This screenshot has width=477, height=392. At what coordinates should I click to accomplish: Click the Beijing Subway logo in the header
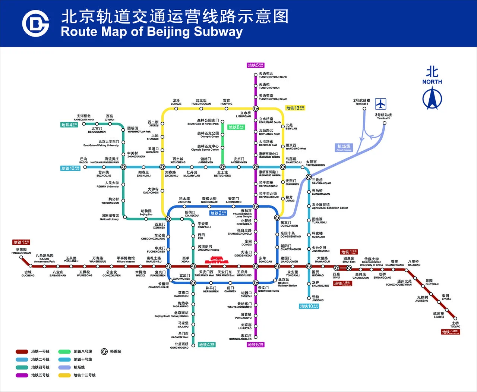[x=35, y=23]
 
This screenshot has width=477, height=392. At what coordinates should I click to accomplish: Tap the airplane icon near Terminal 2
[x=380, y=103]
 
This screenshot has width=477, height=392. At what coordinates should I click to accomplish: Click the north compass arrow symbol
[x=432, y=98]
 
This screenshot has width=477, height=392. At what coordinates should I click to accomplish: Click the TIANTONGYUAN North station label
[x=273, y=75]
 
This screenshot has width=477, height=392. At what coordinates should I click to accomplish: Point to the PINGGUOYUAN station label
[x=21, y=251]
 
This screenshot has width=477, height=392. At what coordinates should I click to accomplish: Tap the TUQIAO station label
[x=455, y=324]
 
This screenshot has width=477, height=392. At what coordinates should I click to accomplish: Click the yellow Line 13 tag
[x=295, y=108]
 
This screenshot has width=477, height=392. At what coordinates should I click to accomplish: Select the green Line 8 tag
[x=236, y=127]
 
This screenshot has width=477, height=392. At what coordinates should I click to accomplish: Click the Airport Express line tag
[x=344, y=147]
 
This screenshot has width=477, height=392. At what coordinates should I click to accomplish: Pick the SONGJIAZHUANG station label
[x=240, y=338]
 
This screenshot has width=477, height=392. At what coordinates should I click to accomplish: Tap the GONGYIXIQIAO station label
[x=180, y=346]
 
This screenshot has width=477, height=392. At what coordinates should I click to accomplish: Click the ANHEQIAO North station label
[x=84, y=117]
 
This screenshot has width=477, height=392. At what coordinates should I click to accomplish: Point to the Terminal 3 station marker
[x=385, y=123]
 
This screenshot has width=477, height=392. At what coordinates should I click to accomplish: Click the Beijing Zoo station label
[x=146, y=213]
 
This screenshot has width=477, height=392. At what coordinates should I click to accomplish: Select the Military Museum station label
[x=126, y=260]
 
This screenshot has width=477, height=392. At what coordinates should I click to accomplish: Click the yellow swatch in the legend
[x=64, y=375]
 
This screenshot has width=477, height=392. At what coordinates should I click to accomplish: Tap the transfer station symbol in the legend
[x=104, y=351]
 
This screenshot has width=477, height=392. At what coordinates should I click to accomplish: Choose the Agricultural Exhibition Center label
[x=329, y=206]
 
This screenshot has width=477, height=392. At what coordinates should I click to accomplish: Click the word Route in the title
[x=79, y=32]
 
